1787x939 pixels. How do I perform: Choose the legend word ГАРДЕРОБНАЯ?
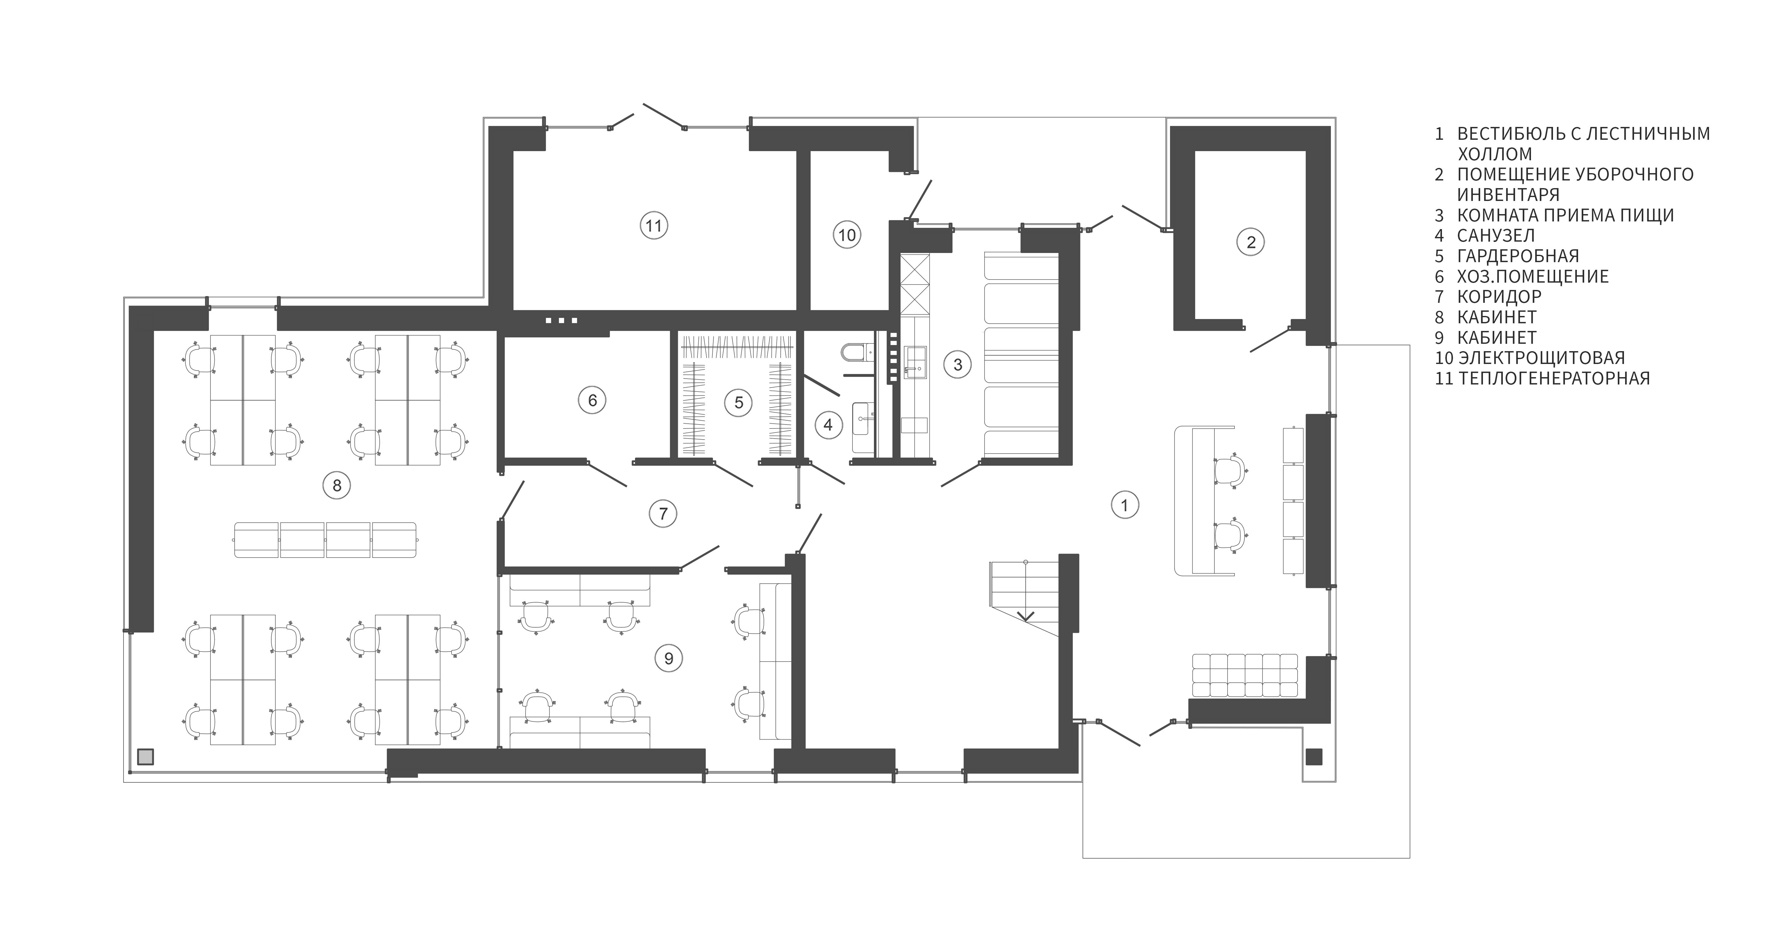pos(1518,256)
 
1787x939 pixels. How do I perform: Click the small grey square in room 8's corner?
pos(145,757)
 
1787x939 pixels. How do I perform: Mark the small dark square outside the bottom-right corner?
pos(1314,757)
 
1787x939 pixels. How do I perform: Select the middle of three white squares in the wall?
pos(561,321)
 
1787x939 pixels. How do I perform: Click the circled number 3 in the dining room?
pos(957,364)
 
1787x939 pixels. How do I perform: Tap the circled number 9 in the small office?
pos(669,657)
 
